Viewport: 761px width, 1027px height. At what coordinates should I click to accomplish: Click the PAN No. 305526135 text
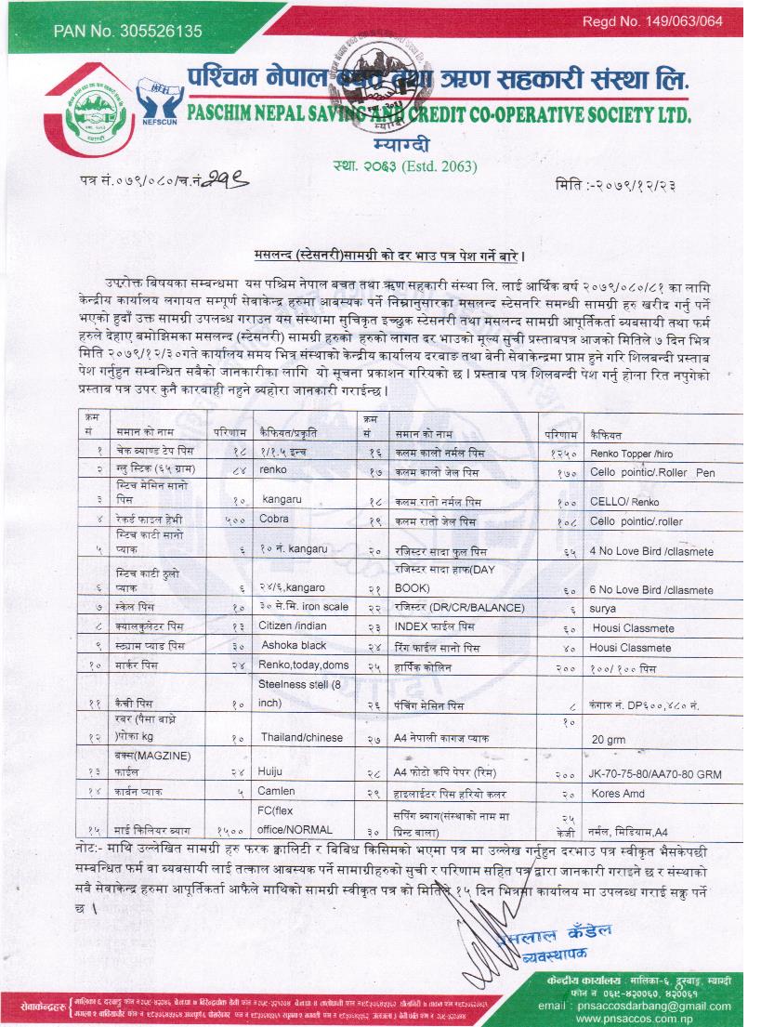tap(127, 31)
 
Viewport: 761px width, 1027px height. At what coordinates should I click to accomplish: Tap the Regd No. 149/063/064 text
tap(652, 21)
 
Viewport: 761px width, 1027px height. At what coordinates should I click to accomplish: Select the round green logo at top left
tap(97, 119)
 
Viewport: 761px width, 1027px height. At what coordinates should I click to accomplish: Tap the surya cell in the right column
tap(602, 608)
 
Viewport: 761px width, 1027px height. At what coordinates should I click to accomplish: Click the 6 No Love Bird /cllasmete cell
tap(651, 590)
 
